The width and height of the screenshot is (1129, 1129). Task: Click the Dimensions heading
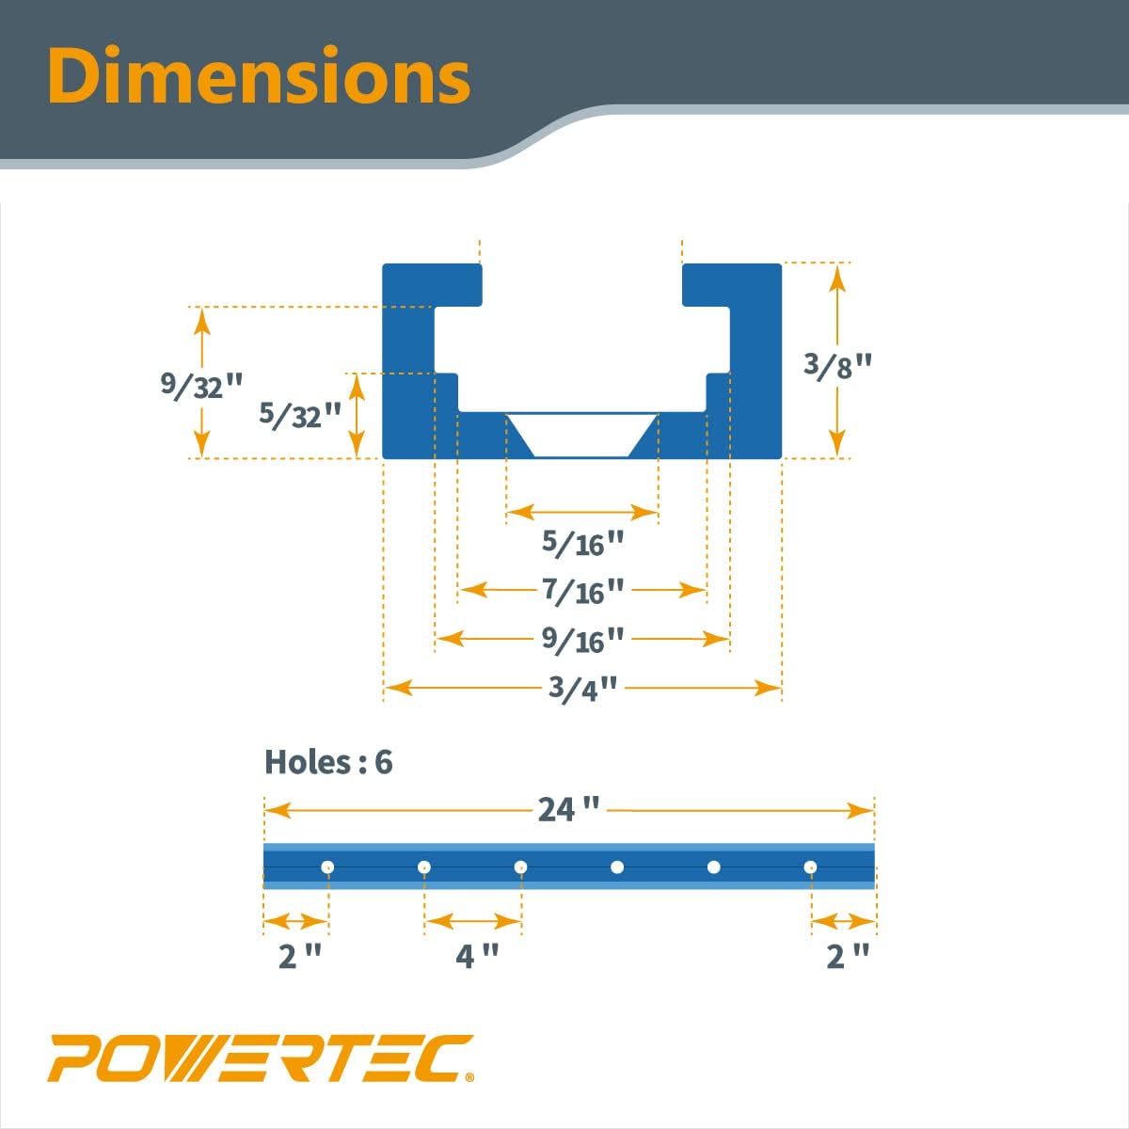click(x=259, y=75)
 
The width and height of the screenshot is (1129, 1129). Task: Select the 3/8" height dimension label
click(x=838, y=364)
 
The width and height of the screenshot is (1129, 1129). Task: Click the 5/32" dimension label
click(x=300, y=414)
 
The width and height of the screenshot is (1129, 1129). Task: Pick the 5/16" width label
click(x=583, y=543)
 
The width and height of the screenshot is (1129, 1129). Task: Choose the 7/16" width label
click(x=583, y=591)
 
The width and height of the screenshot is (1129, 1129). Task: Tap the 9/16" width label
click(x=583, y=640)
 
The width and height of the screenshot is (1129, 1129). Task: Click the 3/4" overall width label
click(x=583, y=688)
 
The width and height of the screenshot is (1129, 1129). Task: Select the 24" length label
click(x=568, y=809)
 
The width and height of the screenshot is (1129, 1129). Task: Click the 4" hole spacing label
click(x=477, y=956)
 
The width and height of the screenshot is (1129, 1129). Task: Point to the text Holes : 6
click(x=328, y=761)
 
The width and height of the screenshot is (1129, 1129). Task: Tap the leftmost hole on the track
click(x=327, y=867)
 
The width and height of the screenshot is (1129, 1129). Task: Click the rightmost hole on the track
click(x=810, y=867)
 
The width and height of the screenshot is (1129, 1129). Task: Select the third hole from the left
click(x=520, y=867)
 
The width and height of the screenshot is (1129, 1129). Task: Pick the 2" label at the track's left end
click(x=300, y=956)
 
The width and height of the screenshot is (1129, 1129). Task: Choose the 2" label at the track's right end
click(x=848, y=956)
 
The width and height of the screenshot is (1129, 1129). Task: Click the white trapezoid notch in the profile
click(x=582, y=434)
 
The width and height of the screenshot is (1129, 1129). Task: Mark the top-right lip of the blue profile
click(x=731, y=284)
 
